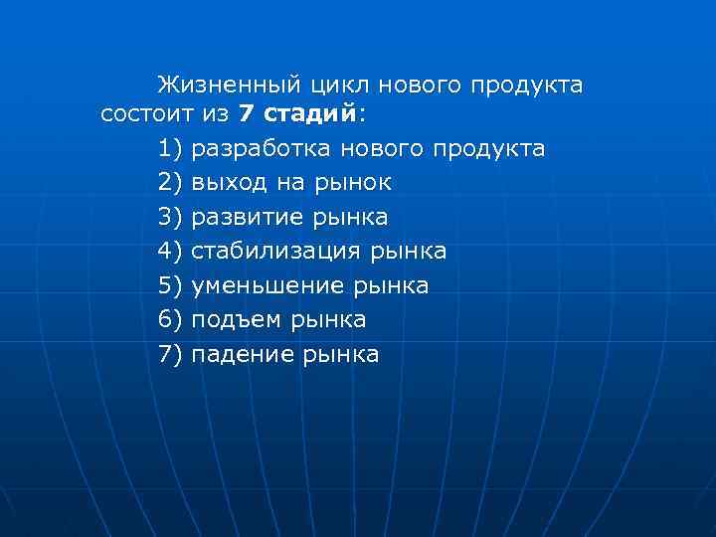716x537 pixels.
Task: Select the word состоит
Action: pyautogui.click(x=146, y=114)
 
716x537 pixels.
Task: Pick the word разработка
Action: pyautogui.click(x=262, y=149)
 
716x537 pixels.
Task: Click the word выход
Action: pyautogui.click(x=226, y=183)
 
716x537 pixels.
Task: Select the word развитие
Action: pyautogui.click(x=248, y=217)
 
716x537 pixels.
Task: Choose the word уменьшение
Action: pyautogui.click(x=267, y=285)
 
